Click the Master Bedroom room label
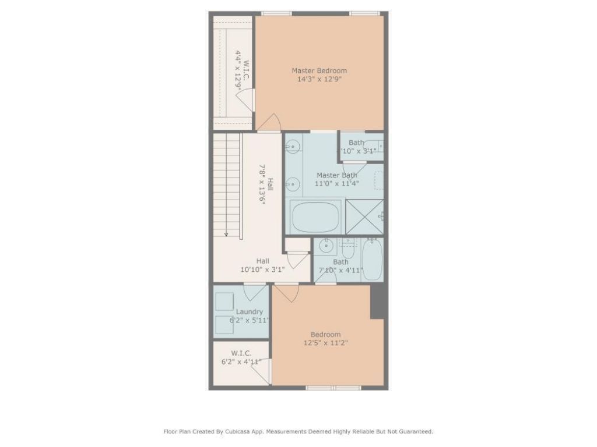(x=319, y=71)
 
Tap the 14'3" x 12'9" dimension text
(x=319, y=80)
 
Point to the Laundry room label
(x=249, y=312)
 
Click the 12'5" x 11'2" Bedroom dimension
(x=325, y=343)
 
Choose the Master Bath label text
(x=337, y=175)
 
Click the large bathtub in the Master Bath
(x=315, y=217)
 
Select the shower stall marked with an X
(x=364, y=217)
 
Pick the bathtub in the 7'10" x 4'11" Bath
(x=371, y=260)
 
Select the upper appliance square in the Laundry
(x=224, y=301)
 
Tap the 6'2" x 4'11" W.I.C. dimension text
(x=241, y=362)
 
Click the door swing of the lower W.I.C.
(x=262, y=373)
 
